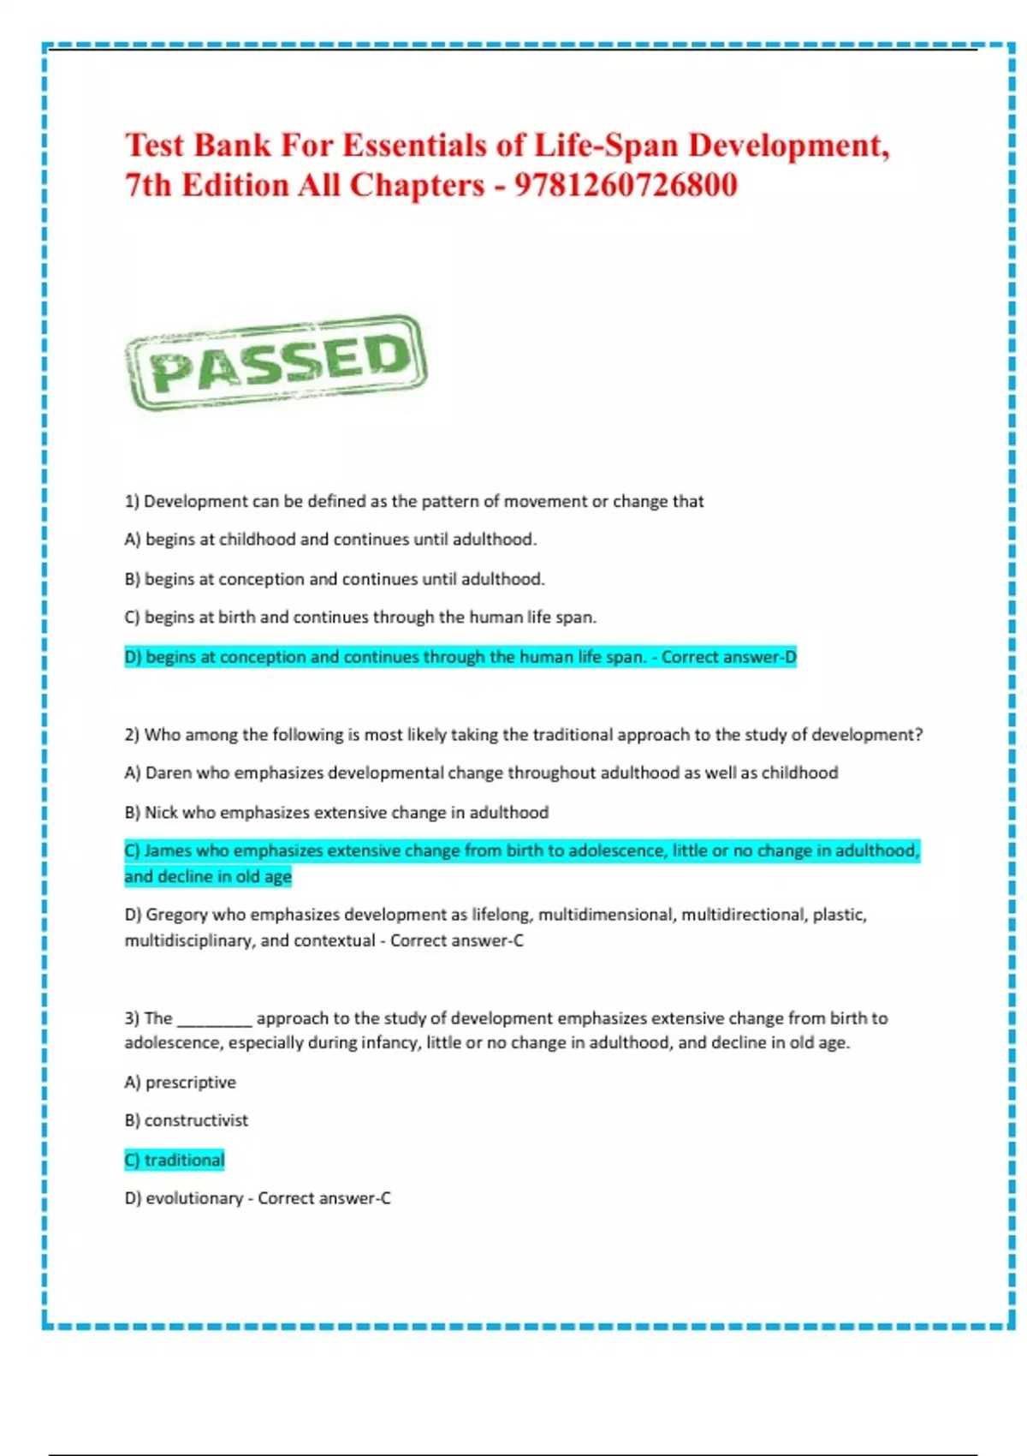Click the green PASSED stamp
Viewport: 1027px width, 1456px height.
pos(276,362)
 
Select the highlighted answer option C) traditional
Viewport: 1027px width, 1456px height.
pos(175,1160)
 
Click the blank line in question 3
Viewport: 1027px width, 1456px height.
pos(214,1019)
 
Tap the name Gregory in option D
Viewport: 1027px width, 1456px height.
pos(176,915)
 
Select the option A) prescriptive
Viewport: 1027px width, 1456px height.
pos(181,1082)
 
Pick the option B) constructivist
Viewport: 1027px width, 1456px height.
pos(187,1120)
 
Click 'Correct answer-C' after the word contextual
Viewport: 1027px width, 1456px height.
pos(456,940)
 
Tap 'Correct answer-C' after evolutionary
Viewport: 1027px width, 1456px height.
pos(324,1198)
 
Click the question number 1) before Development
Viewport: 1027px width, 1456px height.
pos(132,501)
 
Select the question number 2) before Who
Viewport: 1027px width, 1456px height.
pos(132,735)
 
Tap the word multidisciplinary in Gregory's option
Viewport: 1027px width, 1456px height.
pos(187,940)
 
